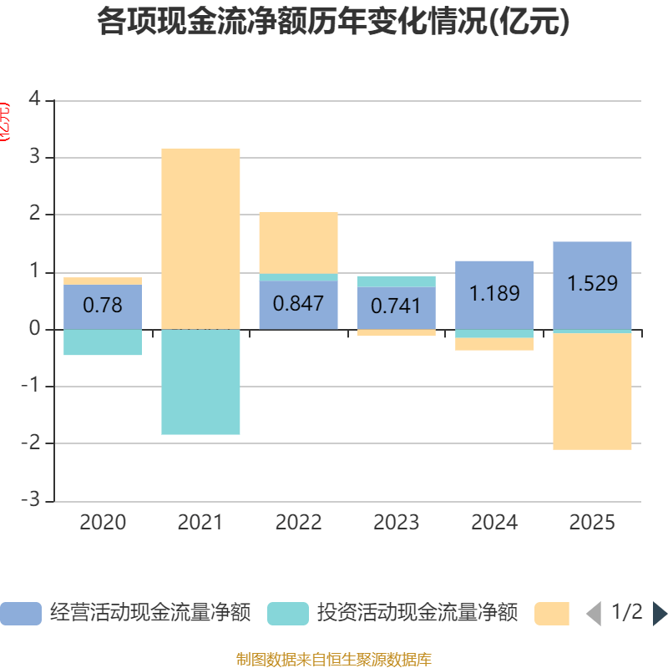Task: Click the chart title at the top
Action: [x=333, y=23]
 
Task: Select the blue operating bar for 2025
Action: [x=592, y=309]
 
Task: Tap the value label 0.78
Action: [x=103, y=306]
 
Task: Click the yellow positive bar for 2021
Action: [x=200, y=238]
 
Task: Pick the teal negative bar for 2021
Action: [x=200, y=382]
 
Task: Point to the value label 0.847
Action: [x=298, y=303]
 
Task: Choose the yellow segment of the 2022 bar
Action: [x=298, y=242]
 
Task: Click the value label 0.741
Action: [x=396, y=306]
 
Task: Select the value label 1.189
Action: [x=494, y=294]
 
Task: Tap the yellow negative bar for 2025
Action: [x=592, y=392]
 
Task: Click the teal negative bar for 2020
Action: [x=103, y=342]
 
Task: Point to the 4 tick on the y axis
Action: [x=34, y=99]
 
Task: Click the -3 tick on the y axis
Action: [x=31, y=500]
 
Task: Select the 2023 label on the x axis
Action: [x=396, y=523]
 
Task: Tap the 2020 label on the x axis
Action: [x=103, y=523]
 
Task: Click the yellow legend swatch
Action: [x=551, y=613]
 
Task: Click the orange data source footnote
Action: [x=333, y=660]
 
